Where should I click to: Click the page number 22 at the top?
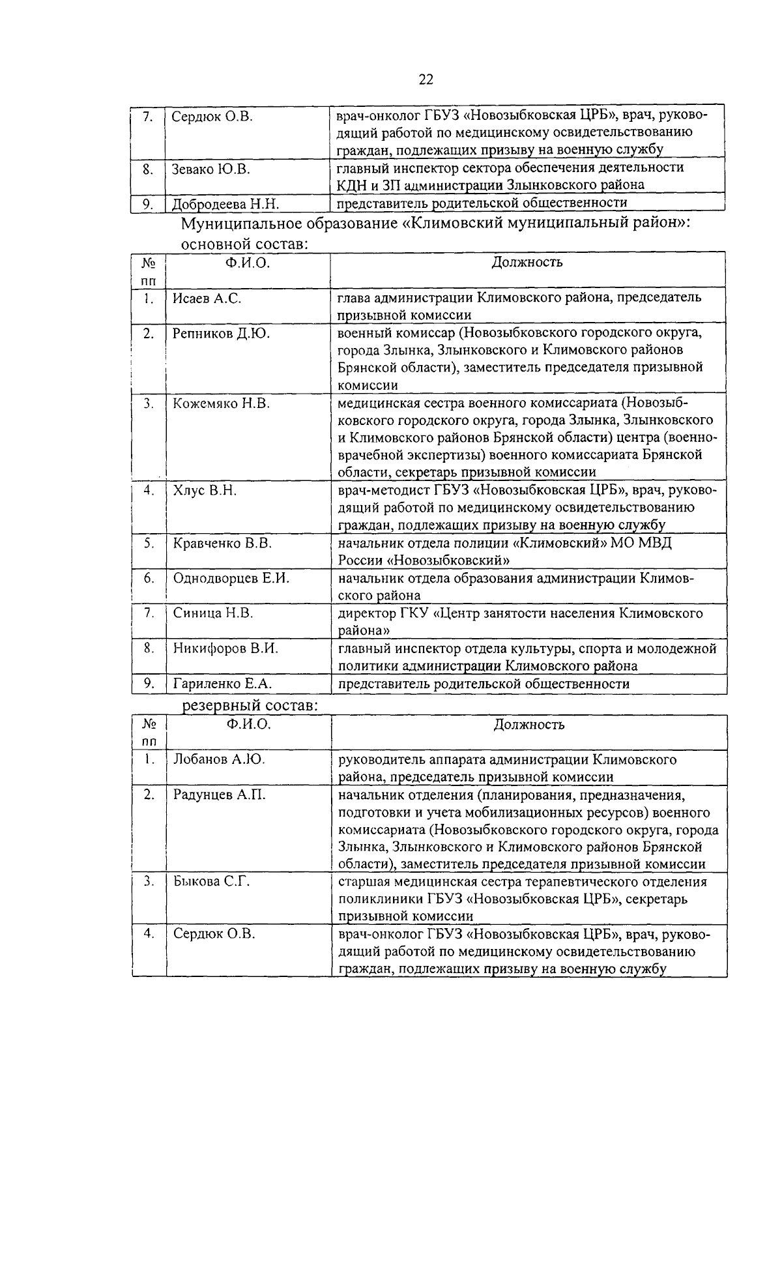coord(426,80)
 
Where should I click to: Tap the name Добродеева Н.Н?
coord(225,204)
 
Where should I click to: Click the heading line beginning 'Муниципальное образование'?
coord(435,224)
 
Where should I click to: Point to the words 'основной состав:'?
coord(244,244)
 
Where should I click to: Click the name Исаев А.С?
coord(207,299)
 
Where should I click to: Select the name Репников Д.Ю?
coord(221,333)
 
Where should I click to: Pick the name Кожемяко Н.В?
coord(221,403)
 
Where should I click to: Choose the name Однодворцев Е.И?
coord(231,578)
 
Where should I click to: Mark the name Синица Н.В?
coord(212,613)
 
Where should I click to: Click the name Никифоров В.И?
coord(225,649)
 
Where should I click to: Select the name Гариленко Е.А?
coord(222,684)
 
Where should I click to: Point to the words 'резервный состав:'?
coord(250,706)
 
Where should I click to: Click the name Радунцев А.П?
coord(219,795)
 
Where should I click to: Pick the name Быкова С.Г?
coord(212,882)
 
